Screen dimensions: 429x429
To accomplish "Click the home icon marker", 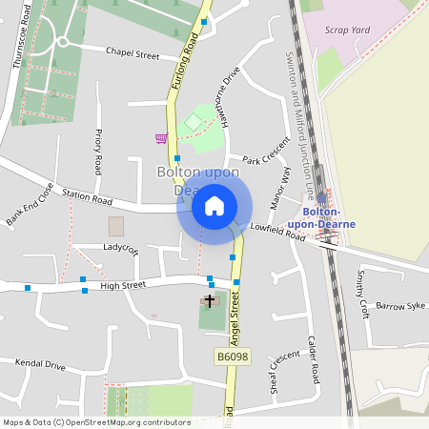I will click(214, 206).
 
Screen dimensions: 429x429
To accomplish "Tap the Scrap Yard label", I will click(347, 31).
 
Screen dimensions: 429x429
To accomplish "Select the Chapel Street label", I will click(133, 55).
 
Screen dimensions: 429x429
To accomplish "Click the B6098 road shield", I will click(232, 357).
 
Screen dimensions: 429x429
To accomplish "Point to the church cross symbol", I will click(210, 300).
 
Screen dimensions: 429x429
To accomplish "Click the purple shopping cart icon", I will click(161, 138).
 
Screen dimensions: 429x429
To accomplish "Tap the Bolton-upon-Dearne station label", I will click(328, 217).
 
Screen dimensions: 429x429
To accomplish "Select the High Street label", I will click(123, 285).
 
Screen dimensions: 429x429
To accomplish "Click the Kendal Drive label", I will click(40, 365).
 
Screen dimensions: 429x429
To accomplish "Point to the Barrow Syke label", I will click(399, 306).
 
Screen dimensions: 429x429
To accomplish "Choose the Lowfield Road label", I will click(277, 231).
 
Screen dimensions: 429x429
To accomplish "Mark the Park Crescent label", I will click(265, 159).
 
